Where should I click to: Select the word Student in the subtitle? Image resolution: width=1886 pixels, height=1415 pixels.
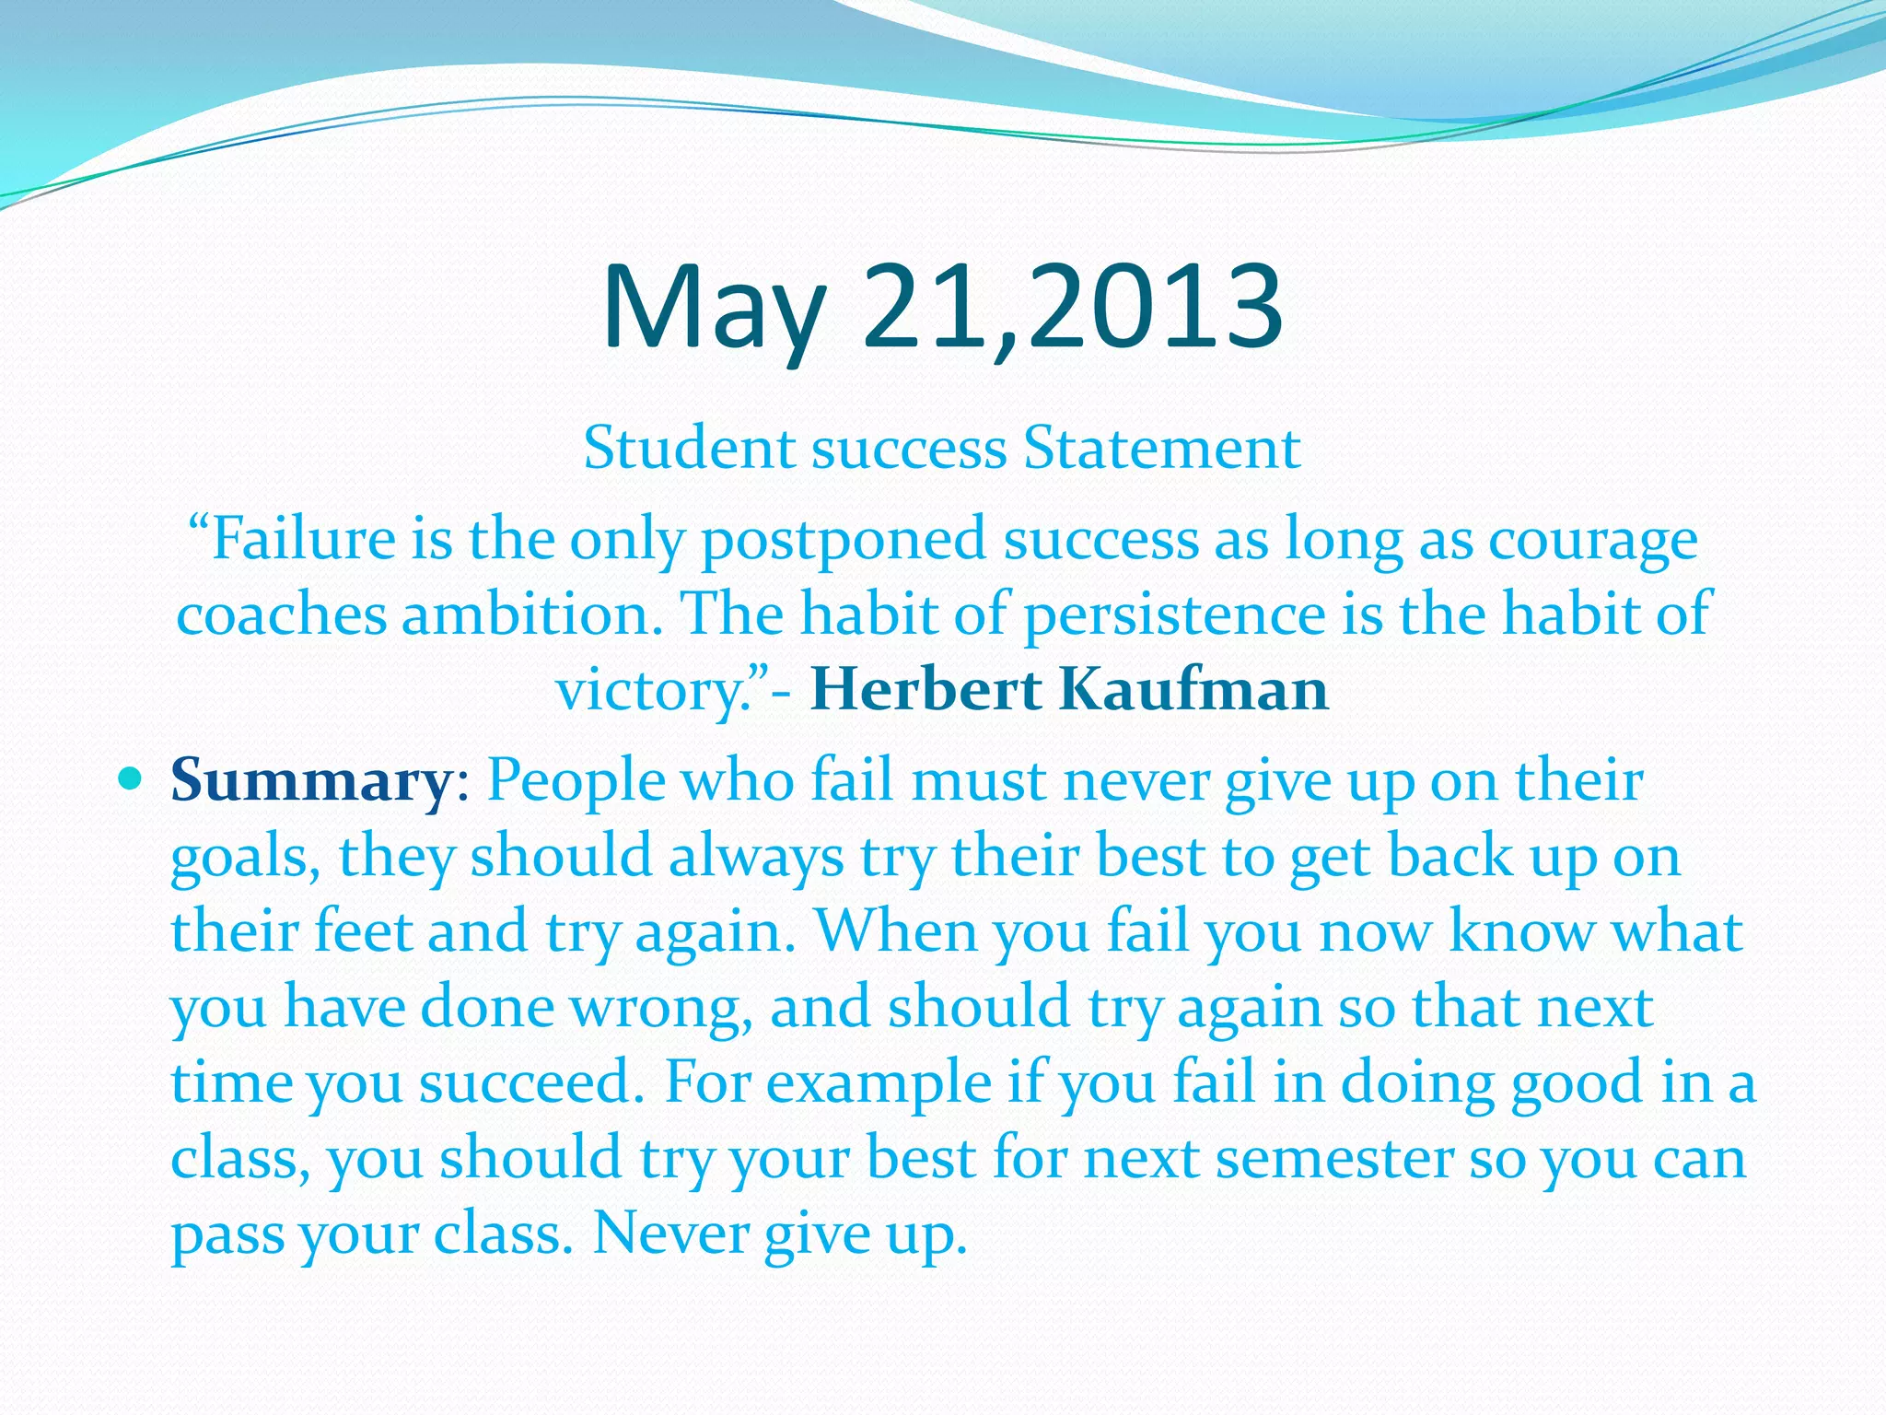coord(690,449)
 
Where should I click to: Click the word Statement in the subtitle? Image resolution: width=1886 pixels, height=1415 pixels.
coord(1162,449)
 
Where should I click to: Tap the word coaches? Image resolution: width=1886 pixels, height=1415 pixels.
coord(280,614)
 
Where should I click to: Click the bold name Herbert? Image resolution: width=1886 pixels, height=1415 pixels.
coord(925,689)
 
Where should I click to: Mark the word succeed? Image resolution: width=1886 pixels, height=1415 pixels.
coord(530,1082)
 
